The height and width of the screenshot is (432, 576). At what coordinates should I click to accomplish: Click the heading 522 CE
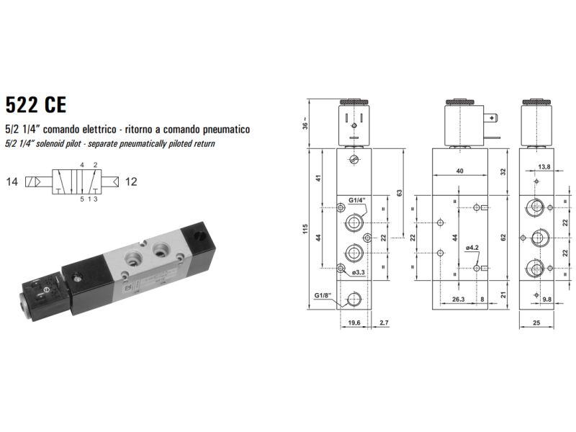pos(35,105)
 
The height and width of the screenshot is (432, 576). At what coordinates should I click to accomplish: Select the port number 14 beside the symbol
pos(11,181)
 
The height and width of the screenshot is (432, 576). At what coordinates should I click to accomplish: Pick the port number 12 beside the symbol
pos(130,181)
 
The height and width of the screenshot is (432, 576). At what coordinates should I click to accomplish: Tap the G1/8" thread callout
pos(323,295)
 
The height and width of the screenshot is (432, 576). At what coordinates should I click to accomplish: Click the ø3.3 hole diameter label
pos(358,273)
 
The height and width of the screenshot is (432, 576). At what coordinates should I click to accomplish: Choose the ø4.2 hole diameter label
pos(472,248)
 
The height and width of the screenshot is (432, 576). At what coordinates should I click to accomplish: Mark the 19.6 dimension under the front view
pos(354,323)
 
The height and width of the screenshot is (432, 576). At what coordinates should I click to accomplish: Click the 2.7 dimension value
pos(384,323)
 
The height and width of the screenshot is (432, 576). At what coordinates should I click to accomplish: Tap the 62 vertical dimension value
pos(503,236)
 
